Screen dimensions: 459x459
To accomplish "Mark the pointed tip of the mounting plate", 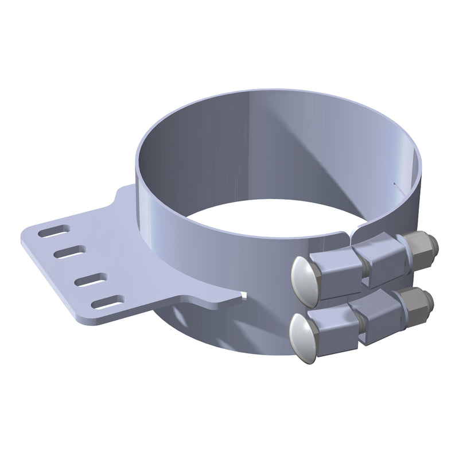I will click(243, 295).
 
